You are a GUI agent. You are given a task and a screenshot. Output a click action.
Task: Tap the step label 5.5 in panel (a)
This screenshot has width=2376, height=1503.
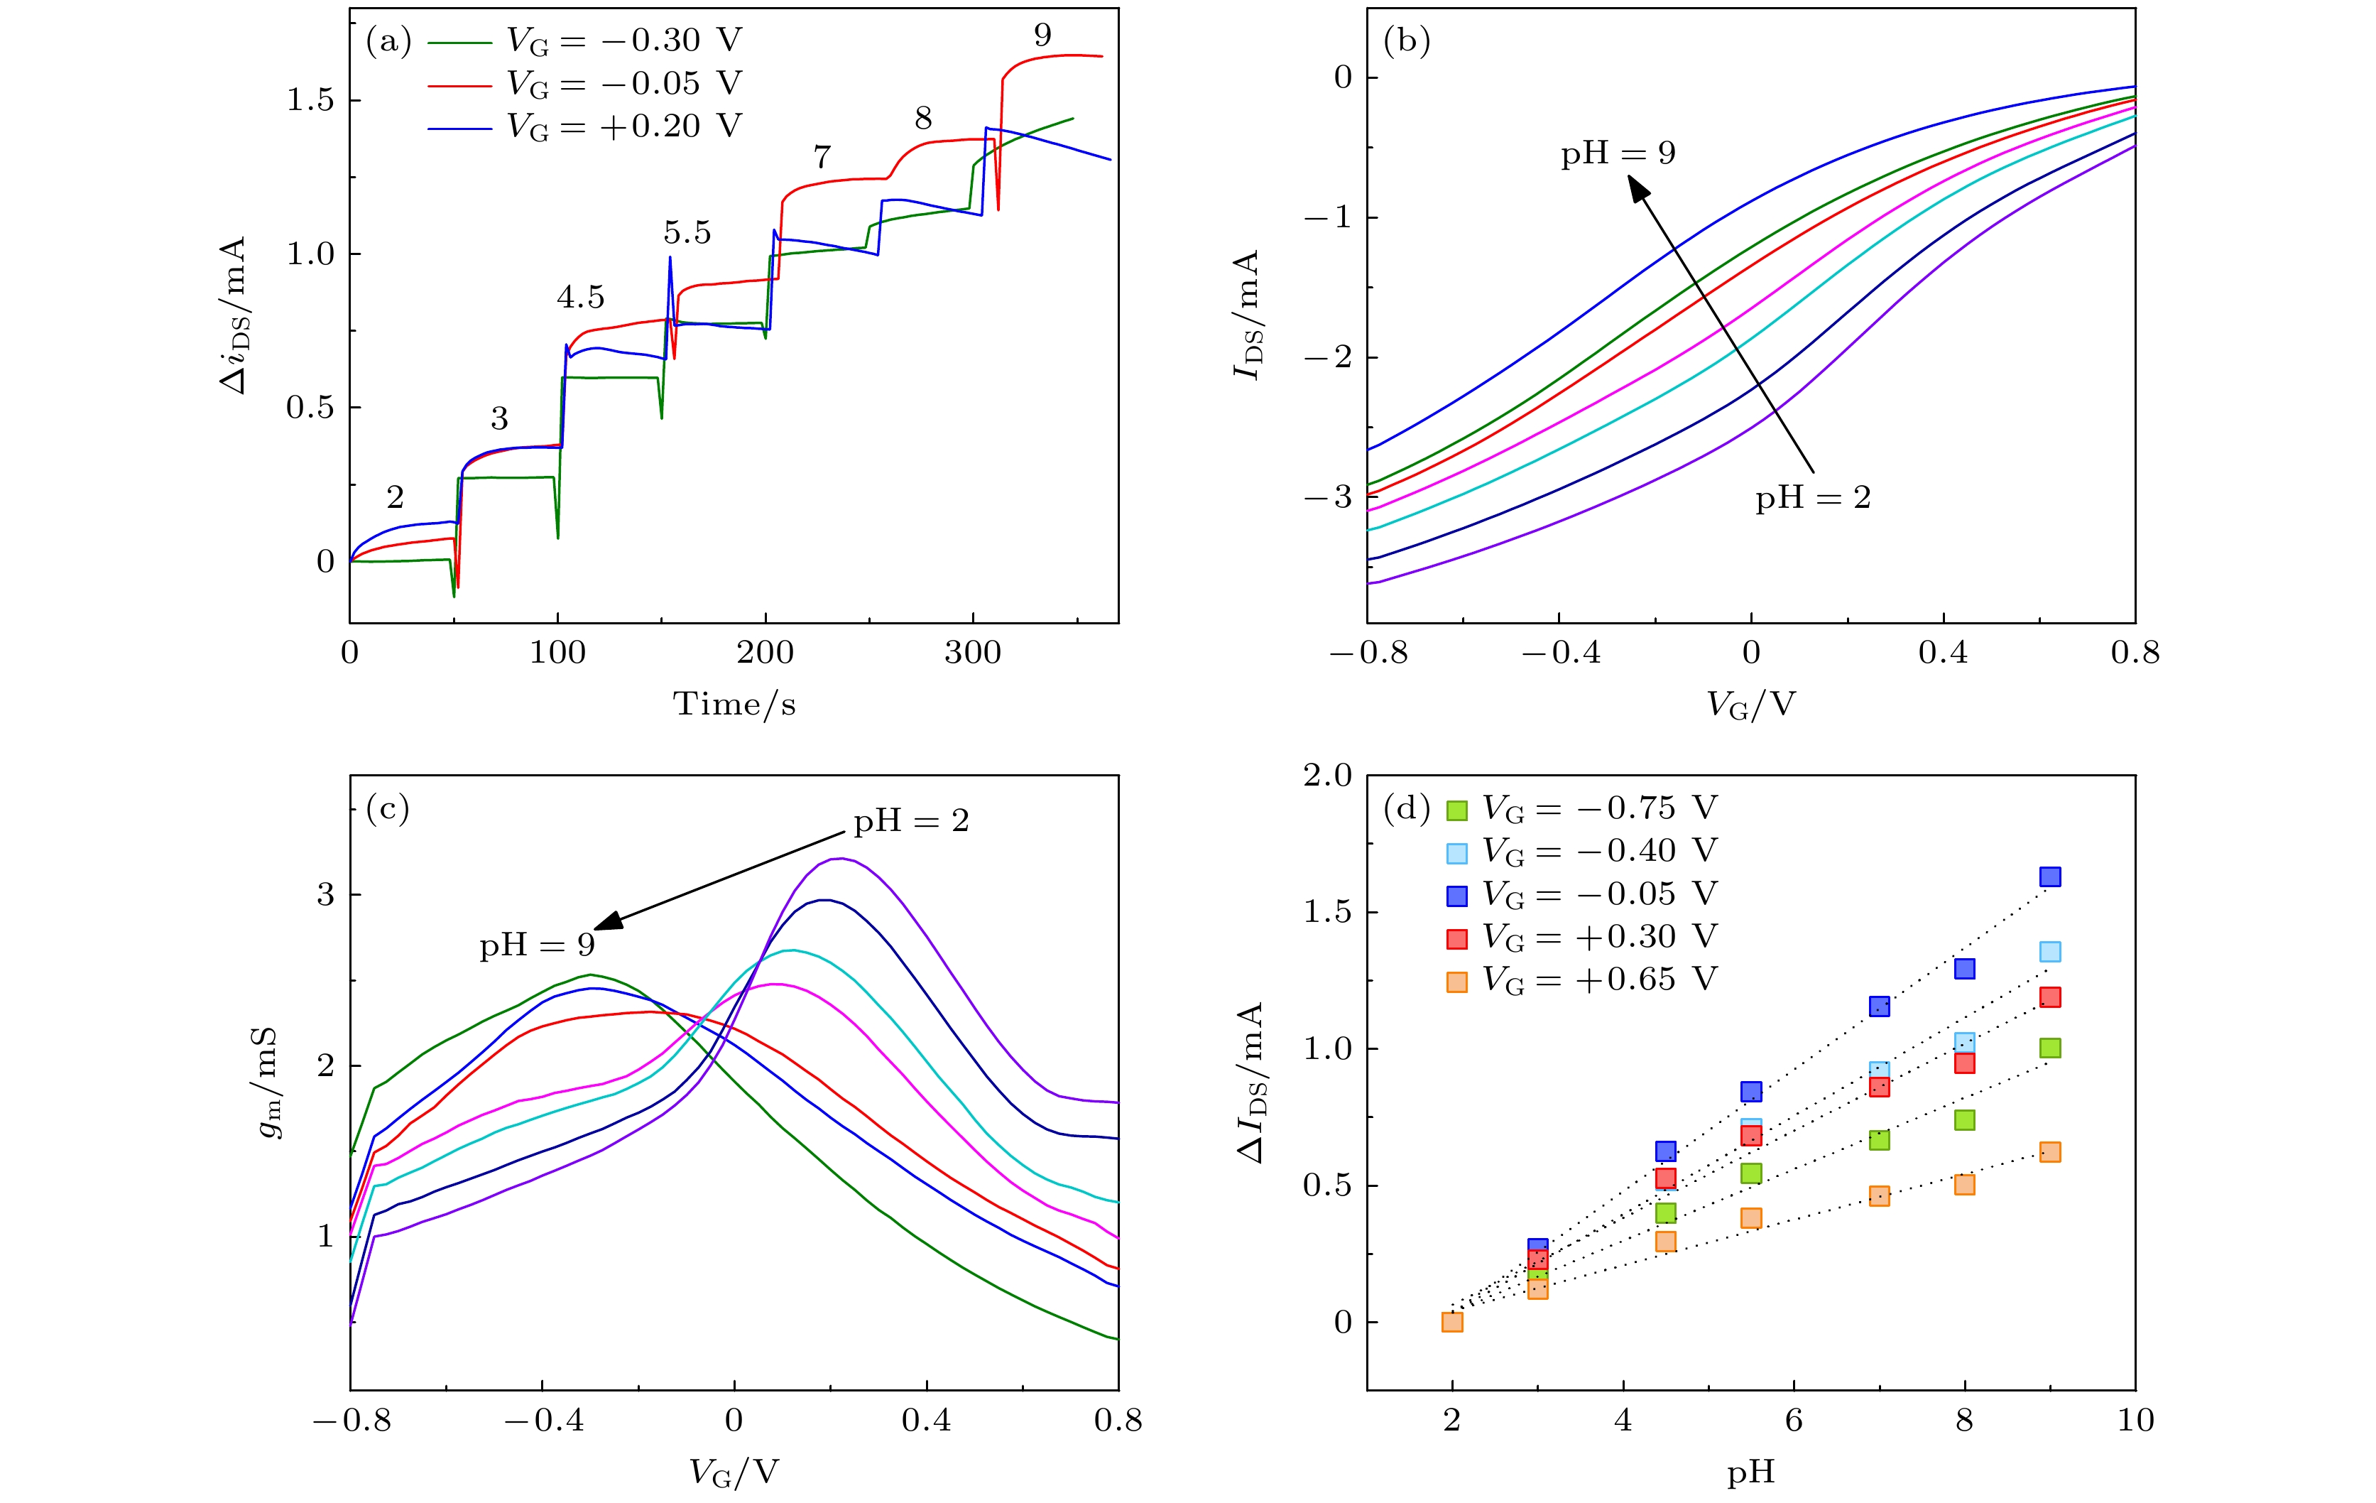(687, 233)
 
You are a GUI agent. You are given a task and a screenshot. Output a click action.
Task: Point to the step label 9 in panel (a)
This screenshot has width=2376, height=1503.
(1042, 36)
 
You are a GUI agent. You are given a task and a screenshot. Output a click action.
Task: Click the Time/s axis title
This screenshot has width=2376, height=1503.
(734, 704)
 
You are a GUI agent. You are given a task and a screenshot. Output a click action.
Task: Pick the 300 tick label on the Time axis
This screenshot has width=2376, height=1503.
(972, 652)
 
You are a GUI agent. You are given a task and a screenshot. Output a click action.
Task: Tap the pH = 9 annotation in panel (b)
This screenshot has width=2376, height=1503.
(1618, 153)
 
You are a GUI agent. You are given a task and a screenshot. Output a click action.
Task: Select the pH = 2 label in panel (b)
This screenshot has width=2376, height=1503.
(1813, 497)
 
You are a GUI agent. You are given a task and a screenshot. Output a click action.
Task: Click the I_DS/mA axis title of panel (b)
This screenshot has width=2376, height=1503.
(1246, 314)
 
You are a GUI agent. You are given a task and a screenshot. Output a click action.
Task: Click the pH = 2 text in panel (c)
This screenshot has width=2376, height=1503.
(911, 820)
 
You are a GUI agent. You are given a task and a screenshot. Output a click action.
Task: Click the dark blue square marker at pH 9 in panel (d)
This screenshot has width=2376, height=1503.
(2049, 877)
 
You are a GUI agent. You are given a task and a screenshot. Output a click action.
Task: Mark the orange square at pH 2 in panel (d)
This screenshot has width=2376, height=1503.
(1451, 1321)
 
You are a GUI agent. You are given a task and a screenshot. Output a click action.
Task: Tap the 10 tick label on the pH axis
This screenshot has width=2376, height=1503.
(2135, 1420)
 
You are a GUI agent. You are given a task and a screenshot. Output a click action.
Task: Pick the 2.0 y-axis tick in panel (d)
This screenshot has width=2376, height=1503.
(1327, 776)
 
